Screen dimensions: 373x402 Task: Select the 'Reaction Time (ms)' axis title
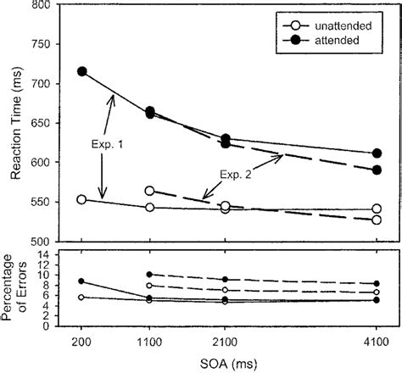click(14, 124)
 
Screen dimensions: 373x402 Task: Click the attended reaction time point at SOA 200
click(82, 72)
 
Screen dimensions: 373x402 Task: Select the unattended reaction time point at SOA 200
click(81, 200)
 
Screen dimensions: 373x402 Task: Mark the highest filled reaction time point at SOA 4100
click(376, 153)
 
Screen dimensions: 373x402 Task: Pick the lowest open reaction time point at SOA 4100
click(376, 220)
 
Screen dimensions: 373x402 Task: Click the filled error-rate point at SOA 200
click(81, 281)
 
